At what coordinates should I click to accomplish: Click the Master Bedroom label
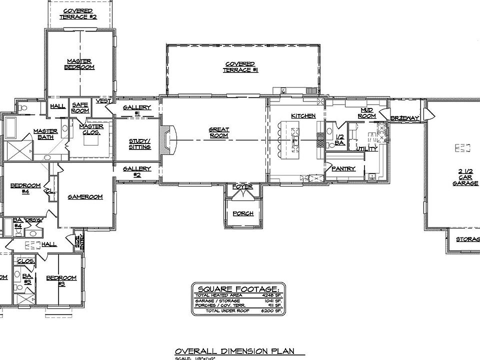coord(80,64)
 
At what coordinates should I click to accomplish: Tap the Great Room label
coord(218,132)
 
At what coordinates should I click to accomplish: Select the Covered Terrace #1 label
coord(240,67)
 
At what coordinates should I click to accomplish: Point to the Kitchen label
coord(303,116)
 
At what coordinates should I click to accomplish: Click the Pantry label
coord(343,169)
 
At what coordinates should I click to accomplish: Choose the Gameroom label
coord(85,197)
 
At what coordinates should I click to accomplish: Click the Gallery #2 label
coord(136,171)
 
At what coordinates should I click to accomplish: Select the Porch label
coord(243,213)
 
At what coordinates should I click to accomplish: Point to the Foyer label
coord(243,187)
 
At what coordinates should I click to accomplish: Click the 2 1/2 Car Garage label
coord(462,177)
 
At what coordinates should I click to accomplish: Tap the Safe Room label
coord(80,107)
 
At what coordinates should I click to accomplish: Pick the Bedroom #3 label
coord(61,280)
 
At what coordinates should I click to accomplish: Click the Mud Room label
coord(367,112)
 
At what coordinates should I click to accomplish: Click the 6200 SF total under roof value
coord(272,311)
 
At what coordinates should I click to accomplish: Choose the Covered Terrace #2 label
coord(78,13)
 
